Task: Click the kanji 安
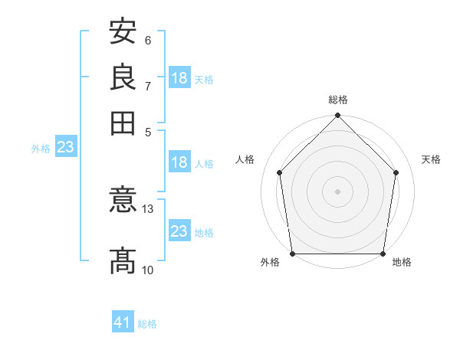click(x=123, y=31)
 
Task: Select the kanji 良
click(x=123, y=77)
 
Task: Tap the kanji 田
click(x=123, y=123)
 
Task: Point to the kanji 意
click(x=123, y=199)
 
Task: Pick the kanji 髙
click(x=123, y=260)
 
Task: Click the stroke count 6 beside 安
click(x=148, y=41)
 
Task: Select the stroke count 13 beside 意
click(x=147, y=209)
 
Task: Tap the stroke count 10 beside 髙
click(x=147, y=270)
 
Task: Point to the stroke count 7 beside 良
click(x=148, y=87)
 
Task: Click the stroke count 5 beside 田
click(x=148, y=133)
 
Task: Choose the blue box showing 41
click(x=123, y=321)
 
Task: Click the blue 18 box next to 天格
click(x=179, y=77)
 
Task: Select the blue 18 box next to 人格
click(x=179, y=162)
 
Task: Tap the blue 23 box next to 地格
click(x=179, y=230)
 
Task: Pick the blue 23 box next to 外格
click(x=66, y=146)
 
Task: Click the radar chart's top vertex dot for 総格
click(x=337, y=115)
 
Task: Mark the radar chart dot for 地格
click(x=383, y=254)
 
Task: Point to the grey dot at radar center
click(x=337, y=191)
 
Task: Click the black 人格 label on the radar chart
click(x=245, y=159)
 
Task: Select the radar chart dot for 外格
click(x=293, y=254)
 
